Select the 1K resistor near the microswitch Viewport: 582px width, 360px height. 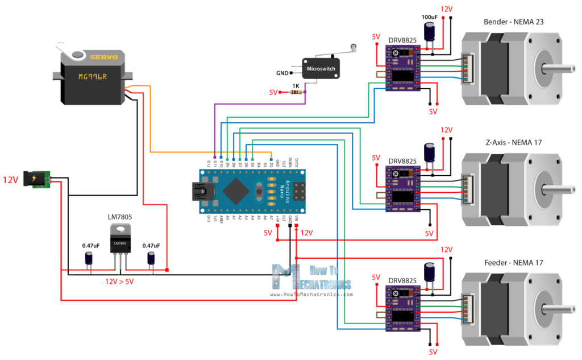295,92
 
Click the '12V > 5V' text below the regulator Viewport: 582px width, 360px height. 121,282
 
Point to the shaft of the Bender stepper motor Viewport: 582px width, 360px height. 560,69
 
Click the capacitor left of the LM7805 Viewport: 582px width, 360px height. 89,259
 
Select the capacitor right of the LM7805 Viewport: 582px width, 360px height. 151,259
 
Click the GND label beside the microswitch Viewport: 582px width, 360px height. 282,73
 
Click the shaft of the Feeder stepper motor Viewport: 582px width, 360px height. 560,310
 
